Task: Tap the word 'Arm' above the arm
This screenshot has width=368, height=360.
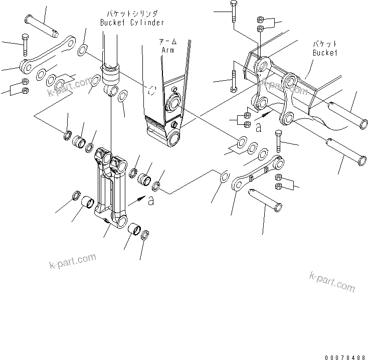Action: [167, 50]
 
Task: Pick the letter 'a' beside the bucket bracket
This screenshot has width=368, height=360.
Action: [258, 128]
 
